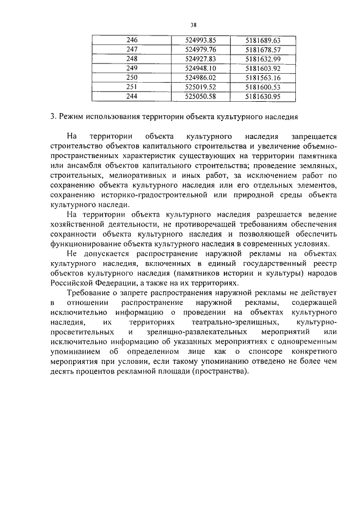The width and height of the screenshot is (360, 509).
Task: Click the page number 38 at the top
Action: [193, 25]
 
